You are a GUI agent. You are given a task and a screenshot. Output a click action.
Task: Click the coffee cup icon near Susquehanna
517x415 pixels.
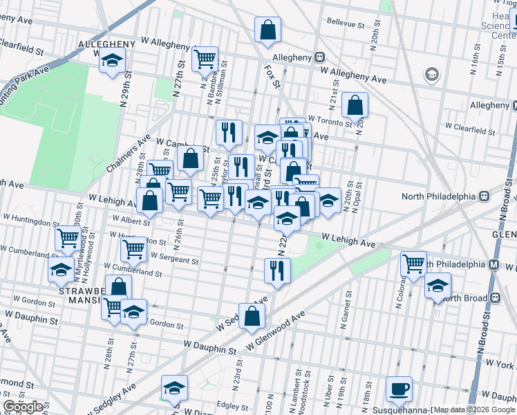398,389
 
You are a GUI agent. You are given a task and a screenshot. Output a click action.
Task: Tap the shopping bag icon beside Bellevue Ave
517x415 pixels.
267,30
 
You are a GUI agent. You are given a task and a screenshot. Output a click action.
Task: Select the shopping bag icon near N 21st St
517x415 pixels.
355,106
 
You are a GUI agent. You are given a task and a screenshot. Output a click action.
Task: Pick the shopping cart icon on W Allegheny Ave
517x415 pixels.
205,59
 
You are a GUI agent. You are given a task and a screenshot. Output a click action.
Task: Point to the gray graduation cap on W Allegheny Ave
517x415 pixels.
432,74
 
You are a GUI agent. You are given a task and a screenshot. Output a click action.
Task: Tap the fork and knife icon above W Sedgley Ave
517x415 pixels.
277,270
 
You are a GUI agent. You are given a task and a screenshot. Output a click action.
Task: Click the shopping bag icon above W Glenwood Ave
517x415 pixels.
252,316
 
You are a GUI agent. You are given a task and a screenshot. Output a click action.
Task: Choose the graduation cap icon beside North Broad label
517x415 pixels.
438,286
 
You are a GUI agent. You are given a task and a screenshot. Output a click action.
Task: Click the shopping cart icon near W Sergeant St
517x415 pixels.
133,248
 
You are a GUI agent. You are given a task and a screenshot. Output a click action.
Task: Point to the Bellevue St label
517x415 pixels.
346,24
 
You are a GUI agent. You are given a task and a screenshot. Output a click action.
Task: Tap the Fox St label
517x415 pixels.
272,75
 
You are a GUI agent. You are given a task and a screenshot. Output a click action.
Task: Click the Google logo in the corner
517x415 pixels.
23,407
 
